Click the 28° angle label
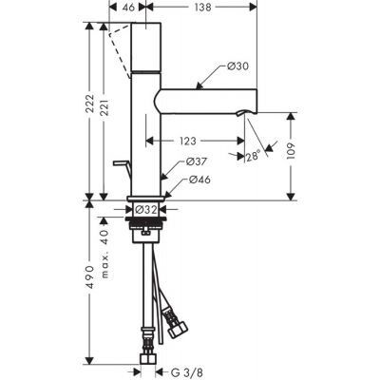(253, 158)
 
